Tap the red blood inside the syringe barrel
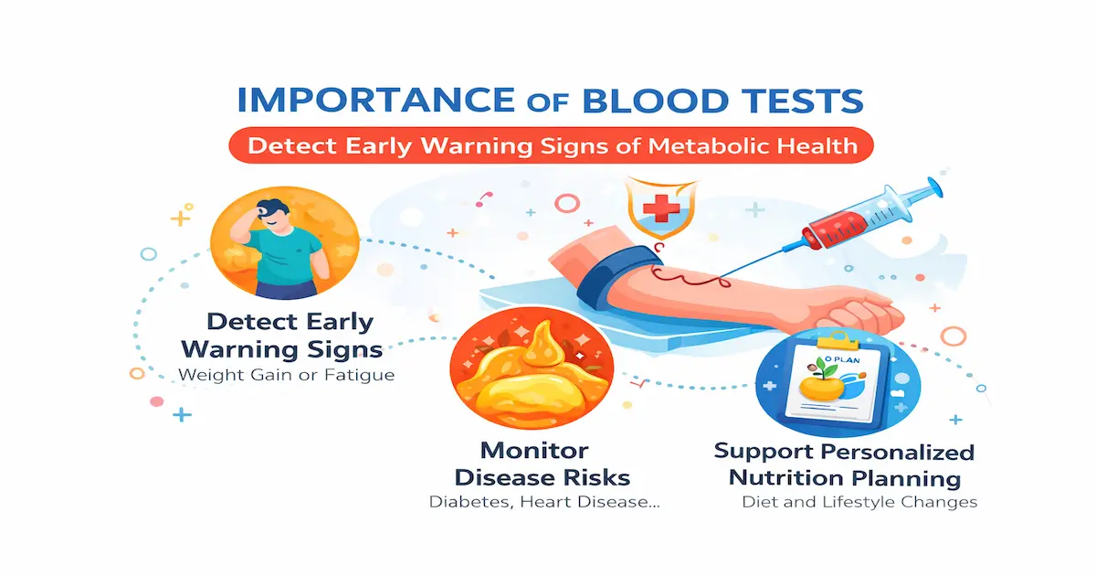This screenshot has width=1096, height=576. [838, 221]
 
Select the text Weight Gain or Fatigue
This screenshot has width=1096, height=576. [287, 375]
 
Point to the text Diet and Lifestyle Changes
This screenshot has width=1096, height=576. [859, 502]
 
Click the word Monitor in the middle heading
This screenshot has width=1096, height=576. [534, 451]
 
